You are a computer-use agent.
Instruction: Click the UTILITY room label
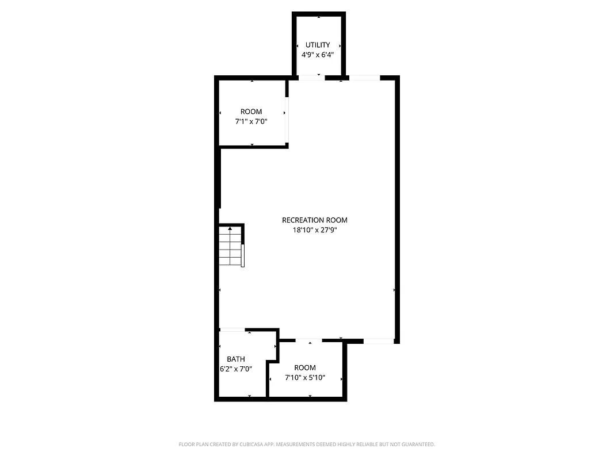tap(318, 45)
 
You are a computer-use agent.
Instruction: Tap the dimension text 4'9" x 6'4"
tap(318, 55)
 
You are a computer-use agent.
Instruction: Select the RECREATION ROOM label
tap(315, 220)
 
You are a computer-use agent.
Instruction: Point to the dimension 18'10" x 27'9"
tap(315, 230)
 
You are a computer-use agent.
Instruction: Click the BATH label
tap(235, 359)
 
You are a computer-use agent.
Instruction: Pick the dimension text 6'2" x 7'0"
tap(235, 370)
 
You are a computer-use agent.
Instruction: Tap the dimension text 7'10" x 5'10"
tap(305, 378)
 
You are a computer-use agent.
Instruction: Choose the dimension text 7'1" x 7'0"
tap(251, 122)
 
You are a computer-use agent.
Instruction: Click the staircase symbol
tap(230, 246)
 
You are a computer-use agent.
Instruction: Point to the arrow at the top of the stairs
tap(230, 229)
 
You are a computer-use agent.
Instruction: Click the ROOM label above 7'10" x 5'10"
tap(305, 367)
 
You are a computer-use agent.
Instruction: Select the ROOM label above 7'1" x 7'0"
tap(251, 112)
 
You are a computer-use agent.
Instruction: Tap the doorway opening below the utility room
tap(311, 77)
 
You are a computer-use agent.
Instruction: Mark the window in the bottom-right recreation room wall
tap(379, 341)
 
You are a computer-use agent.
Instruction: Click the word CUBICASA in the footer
tap(246, 444)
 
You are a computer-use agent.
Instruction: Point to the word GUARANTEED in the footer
tap(417, 444)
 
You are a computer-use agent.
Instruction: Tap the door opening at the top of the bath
tap(232, 329)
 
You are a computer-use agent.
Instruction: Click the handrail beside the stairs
tap(243, 255)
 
